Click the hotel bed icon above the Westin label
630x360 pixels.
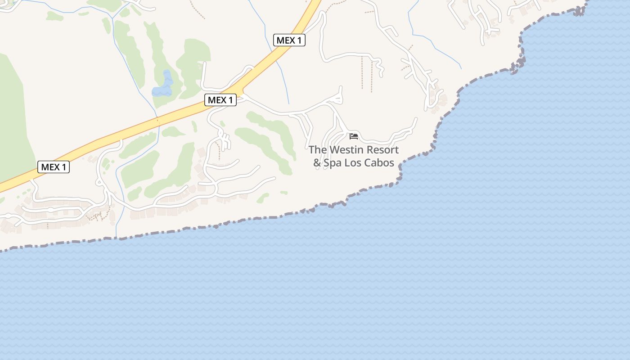(x=353, y=136)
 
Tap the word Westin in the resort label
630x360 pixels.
(x=346, y=150)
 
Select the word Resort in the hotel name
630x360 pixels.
(x=382, y=150)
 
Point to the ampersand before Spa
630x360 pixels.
(x=317, y=163)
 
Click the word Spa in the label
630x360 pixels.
(x=333, y=163)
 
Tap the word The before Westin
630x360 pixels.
(x=318, y=150)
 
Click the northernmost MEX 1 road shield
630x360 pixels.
(x=289, y=40)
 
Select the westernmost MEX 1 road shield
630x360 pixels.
(x=54, y=167)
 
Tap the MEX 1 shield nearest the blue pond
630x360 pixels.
(x=220, y=100)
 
